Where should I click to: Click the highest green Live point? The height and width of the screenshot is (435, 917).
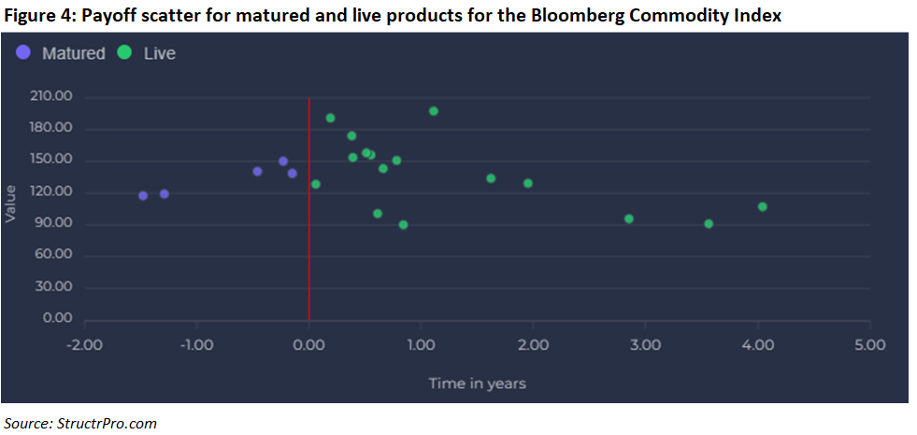coord(434,111)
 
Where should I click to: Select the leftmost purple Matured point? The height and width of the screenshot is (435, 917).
coord(143,196)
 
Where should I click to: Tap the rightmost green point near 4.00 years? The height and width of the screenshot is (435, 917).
coord(763,207)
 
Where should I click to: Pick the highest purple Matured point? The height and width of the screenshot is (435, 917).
coord(283,161)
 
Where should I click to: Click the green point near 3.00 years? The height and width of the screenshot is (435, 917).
coord(629,219)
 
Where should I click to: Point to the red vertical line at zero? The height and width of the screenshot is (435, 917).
coord(308,209)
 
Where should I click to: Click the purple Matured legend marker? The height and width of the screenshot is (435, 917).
coord(24,52)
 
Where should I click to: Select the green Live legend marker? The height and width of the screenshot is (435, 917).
coord(124,52)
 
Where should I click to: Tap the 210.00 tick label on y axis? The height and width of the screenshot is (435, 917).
coord(50,96)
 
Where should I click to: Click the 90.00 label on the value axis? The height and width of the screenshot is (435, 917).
coord(54,223)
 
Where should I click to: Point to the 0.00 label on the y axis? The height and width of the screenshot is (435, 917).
coord(57,318)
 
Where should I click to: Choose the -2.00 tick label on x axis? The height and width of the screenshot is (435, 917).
coord(84,345)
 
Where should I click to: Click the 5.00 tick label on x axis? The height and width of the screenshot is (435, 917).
coord(870,345)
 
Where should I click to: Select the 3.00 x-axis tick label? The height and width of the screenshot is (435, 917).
coord(646,345)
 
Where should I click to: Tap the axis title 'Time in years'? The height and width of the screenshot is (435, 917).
coord(478,384)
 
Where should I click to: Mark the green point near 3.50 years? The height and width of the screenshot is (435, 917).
coord(709,224)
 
